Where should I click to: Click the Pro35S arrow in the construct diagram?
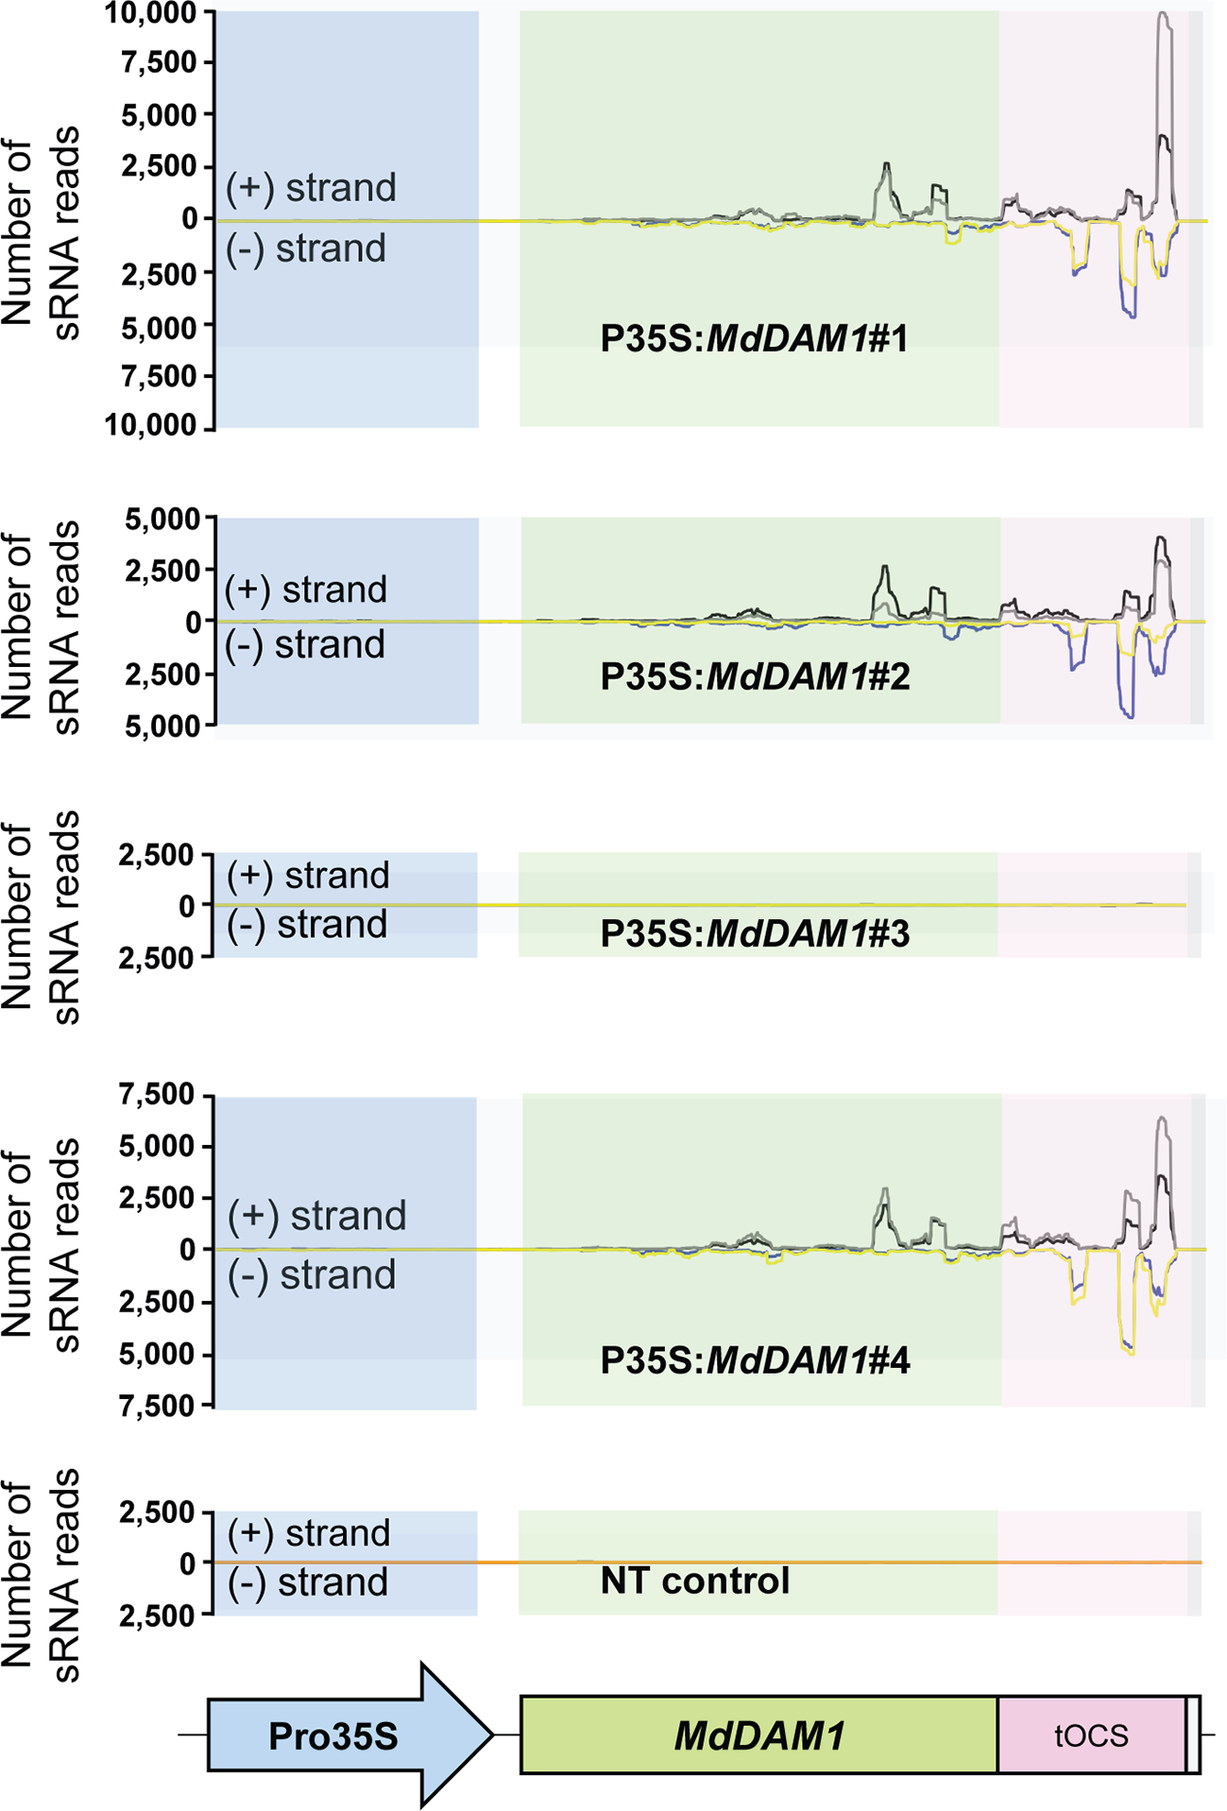340,1735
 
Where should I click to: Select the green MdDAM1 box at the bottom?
758,1735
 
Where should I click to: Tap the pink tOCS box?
1091,1735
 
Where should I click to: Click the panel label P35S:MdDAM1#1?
754,338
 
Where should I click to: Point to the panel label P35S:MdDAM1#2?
754,676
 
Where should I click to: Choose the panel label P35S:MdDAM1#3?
754,933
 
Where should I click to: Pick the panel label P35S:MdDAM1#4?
754,1360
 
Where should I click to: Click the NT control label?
694,1580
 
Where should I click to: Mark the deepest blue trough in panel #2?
1129,715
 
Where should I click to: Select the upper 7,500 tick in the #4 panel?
157,1096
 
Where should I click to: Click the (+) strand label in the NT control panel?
309,1532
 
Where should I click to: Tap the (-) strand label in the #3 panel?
307,924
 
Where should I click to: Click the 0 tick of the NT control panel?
188,1563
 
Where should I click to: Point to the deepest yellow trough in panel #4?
1129,1351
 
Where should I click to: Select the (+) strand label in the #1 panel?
311,188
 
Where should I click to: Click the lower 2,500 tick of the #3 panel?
156,958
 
